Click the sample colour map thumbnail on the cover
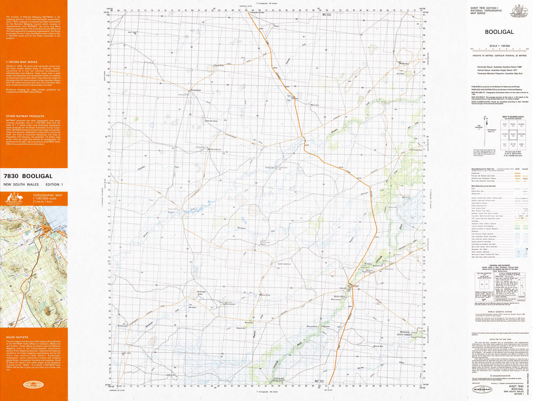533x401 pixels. (x=33, y=263)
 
